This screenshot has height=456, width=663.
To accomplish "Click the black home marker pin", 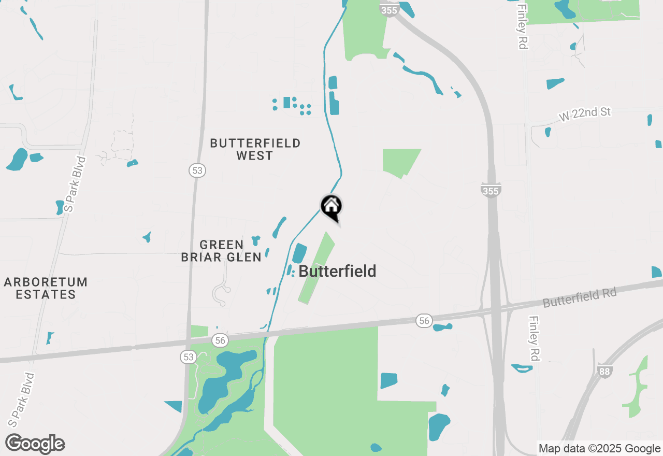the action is pyautogui.click(x=331, y=207).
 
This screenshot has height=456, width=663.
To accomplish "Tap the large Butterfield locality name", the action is pyautogui.click(x=337, y=271).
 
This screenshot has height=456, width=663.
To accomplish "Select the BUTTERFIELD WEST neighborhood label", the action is pyautogui.click(x=255, y=149).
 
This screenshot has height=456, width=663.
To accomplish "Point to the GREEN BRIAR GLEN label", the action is pyautogui.click(x=221, y=251).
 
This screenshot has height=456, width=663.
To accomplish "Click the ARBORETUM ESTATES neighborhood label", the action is pyautogui.click(x=46, y=288).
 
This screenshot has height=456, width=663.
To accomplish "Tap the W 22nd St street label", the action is pyautogui.click(x=585, y=115).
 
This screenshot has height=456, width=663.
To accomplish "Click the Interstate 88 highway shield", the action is pyautogui.click(x=604, y=371).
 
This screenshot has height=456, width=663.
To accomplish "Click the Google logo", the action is pyautogui.click(x=35, y=444).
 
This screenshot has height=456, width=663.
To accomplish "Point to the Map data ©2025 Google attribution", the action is pyautogui.click(x=599, y=449).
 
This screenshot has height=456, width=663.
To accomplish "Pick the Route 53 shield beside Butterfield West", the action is pyautogui.click(x=197, y=170).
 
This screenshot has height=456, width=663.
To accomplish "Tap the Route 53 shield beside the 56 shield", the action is pyautogui.click(x=188, y=357).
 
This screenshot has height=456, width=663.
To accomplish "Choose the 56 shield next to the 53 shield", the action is pyautogui.click(x=220, y=340).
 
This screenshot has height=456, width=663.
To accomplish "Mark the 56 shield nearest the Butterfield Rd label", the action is pyautogui.click(x=424, y=321).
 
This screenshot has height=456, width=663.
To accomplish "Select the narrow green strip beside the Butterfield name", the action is pyautogui.click(x=315, y=268).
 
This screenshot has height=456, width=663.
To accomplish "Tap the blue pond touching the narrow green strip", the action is pyautogui.click(x=299, y=253).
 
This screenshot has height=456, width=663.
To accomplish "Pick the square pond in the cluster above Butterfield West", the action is pyautogui.click(x=286, y=102).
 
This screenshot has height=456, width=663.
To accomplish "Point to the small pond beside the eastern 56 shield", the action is pyautogui.click(x=442, y=327).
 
